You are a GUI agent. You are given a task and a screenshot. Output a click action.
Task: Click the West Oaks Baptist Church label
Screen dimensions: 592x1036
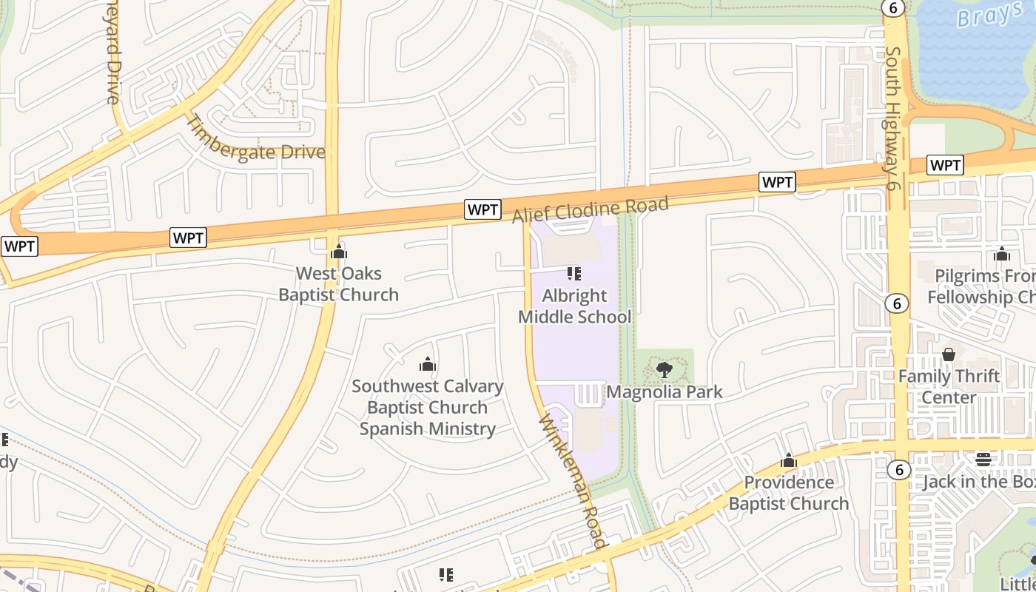click(338, 284)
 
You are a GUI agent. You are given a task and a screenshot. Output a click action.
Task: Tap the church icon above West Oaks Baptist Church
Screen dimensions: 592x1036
click(339, 252)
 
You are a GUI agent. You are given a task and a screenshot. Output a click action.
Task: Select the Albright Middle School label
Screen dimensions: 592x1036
click(574, 306)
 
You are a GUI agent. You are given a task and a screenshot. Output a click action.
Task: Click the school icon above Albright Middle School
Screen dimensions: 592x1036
click(574, 274)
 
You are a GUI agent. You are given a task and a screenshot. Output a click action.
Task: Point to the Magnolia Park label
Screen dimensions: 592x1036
click(665, 392)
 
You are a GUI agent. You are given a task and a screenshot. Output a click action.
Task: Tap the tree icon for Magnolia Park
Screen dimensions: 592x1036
click(665, 369)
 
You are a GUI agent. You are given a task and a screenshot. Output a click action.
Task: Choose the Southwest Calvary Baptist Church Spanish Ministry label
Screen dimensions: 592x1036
click(428, 407)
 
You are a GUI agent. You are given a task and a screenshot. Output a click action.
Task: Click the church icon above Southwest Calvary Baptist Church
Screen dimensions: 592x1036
click(428, 364)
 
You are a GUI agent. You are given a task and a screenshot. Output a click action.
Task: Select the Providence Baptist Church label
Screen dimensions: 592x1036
click(789, 493)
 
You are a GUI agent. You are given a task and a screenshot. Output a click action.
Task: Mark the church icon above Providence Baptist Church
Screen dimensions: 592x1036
click(789, 461)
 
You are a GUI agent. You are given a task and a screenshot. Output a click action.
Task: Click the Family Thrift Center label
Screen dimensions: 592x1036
click(949, 386)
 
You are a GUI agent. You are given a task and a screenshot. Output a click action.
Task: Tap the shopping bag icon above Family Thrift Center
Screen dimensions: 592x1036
click(949, 354)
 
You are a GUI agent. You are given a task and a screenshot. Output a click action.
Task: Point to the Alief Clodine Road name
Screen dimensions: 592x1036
click(590, 209)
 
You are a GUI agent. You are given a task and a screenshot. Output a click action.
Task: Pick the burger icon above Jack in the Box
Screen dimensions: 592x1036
click(983, 460)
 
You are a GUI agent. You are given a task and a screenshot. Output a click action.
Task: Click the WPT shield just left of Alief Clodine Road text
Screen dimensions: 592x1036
click(482, 209)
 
